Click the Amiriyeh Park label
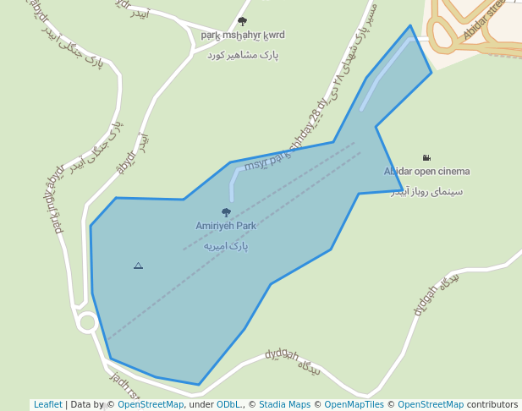point(226,227)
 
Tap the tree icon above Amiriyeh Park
point(226,213)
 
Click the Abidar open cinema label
point(426,172)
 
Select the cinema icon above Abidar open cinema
point(426,158)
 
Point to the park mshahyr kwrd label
point(243,36)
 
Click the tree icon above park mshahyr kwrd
point(243,22)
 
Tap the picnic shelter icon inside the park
point(138,266)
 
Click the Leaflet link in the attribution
point(47,405)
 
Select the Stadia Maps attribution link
point(284,405)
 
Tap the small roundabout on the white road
point(86,322)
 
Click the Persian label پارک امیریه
point(226,246)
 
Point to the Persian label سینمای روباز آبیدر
point(426,192)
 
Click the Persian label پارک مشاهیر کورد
point(243,55)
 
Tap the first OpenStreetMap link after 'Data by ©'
point(151,405)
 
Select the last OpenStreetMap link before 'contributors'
point(431,405)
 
